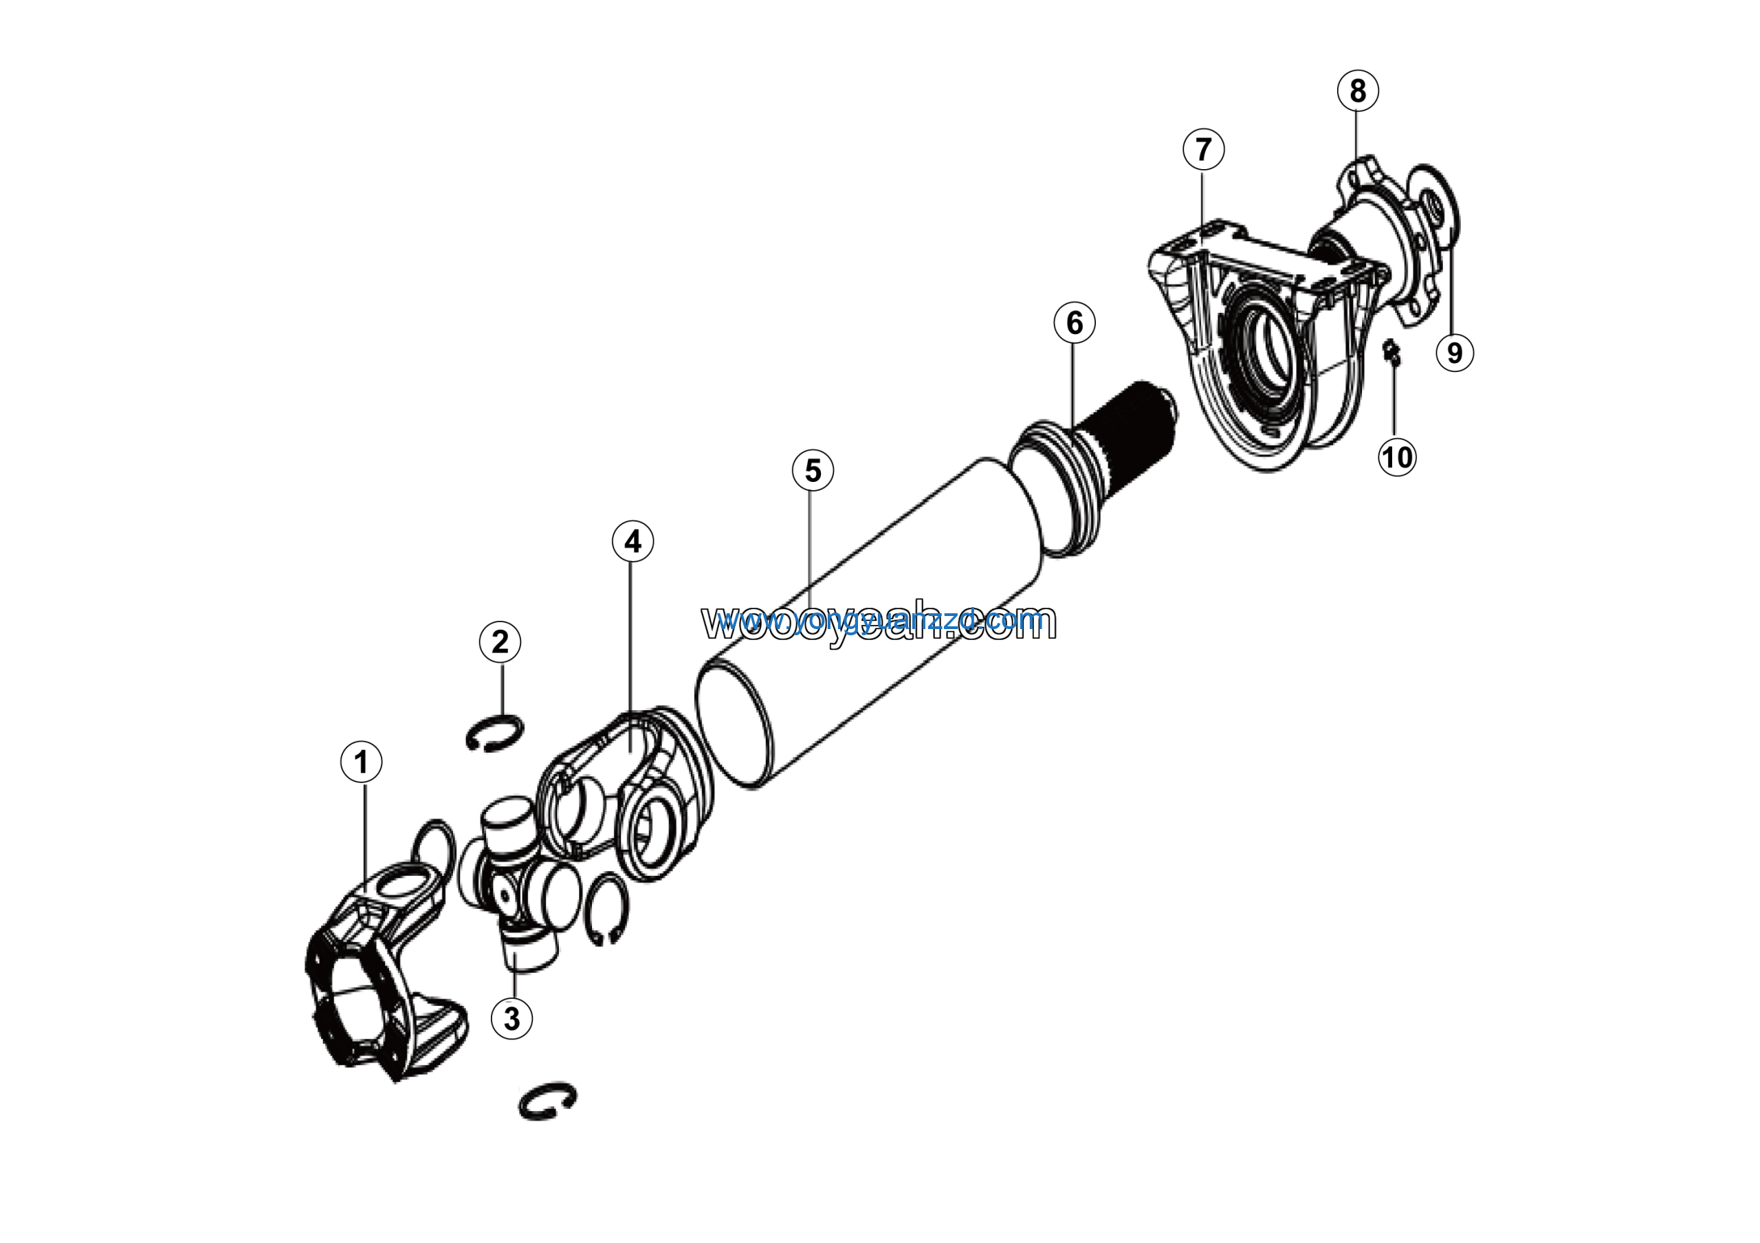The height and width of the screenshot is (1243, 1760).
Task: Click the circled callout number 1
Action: click(x=361, y=762)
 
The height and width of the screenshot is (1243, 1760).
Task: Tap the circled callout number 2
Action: click(x=500, y=641)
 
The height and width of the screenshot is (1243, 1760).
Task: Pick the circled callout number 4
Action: click(x=632, y=542)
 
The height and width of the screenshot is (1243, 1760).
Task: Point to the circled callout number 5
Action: click(x=813, y=470)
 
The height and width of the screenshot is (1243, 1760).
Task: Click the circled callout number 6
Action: click(x=1074, y=322)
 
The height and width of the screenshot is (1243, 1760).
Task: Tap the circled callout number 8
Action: click(x=1358, y=91)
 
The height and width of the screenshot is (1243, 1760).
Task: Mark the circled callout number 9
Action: click(x=1454, y=353)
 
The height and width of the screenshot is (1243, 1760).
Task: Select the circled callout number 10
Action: click(x=1396, y=457)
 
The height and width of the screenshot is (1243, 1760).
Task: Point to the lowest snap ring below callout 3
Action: click(x=547, y=1102)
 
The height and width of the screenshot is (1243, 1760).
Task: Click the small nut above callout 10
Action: click(x=1391, y=352)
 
